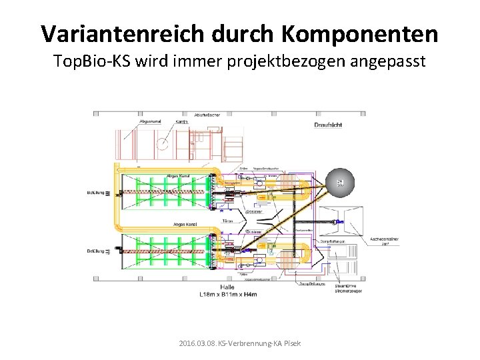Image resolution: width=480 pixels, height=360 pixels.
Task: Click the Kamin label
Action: click(x=181, y=122)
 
